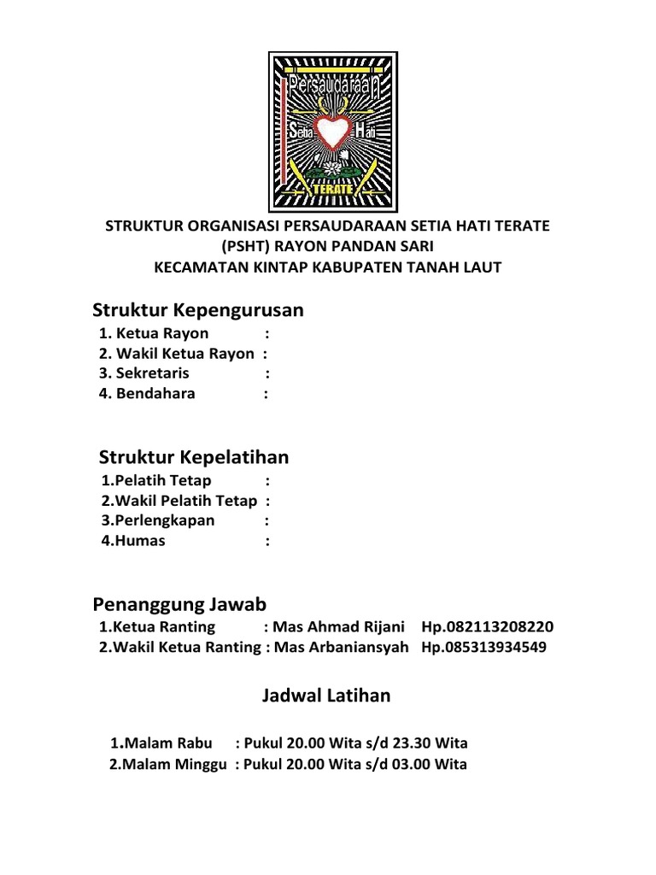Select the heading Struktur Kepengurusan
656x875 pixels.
(198, 310)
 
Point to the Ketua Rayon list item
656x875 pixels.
(154, 333)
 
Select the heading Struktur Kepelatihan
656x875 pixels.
(194, 457)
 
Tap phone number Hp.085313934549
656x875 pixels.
(484, 647)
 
